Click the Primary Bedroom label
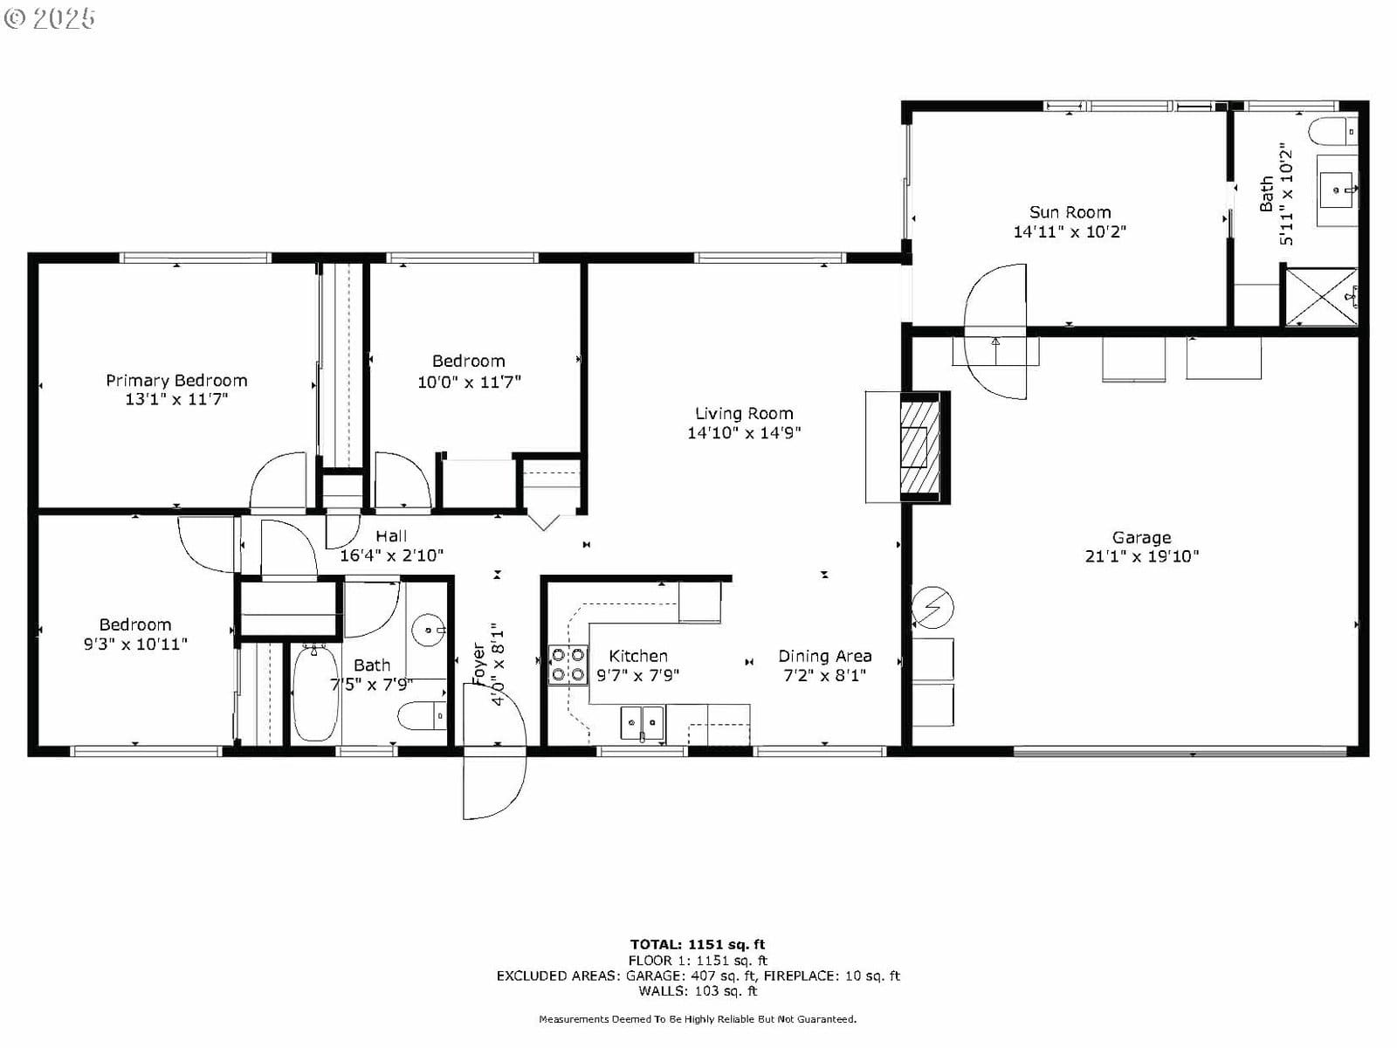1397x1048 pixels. [176, 381]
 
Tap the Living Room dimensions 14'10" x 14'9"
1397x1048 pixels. [744, 432]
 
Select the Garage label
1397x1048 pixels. [1142, 538]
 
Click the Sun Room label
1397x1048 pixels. [1070, 212]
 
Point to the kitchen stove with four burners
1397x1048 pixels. [568, 665]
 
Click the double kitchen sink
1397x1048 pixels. [642, 723]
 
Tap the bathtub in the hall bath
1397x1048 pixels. [315, 693]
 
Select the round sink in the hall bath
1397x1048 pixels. [429, 630]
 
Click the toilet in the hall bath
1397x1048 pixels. [423, 716]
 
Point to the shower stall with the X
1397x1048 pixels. [1321, 297]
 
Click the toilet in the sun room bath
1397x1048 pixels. [1332, 131]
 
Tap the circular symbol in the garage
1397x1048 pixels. [932, 608]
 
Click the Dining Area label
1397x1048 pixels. [825, 656]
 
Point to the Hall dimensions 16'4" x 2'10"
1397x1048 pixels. [391, 555]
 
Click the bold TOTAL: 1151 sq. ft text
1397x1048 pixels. [698, 944]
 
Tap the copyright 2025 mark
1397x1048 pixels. [49, 18]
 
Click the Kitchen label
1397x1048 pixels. [637, 656]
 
